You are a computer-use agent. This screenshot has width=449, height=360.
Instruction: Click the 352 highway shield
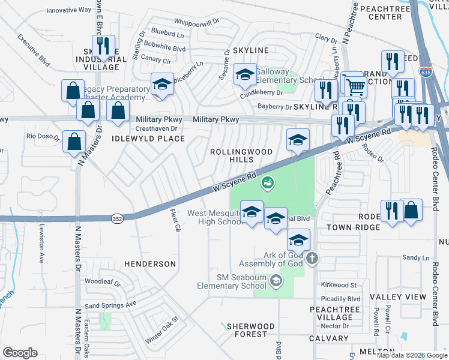[x=117, y=220]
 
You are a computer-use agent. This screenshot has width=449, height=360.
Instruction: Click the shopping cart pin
[x=354, y=86]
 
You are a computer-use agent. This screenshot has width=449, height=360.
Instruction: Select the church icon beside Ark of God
[x=312, y=259]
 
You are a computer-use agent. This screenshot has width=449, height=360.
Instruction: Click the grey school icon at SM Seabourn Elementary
[x=276, y=280]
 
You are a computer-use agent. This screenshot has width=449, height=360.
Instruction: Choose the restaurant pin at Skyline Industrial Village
[x=103, y=47]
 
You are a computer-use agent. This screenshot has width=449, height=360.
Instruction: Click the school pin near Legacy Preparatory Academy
[x=162, y=85]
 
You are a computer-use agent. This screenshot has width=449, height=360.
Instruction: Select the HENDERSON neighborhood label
[x=150, y=264]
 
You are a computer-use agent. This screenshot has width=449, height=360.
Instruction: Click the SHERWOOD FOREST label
[x=250, y=331]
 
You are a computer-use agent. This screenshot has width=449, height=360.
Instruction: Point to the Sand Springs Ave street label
[x=110, y=305]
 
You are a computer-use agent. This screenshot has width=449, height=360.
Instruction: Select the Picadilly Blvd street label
[x=339, y=298]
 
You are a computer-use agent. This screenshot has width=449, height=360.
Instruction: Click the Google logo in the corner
[x=20, y=353]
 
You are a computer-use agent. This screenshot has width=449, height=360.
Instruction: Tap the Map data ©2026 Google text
[x=411, y=355]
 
